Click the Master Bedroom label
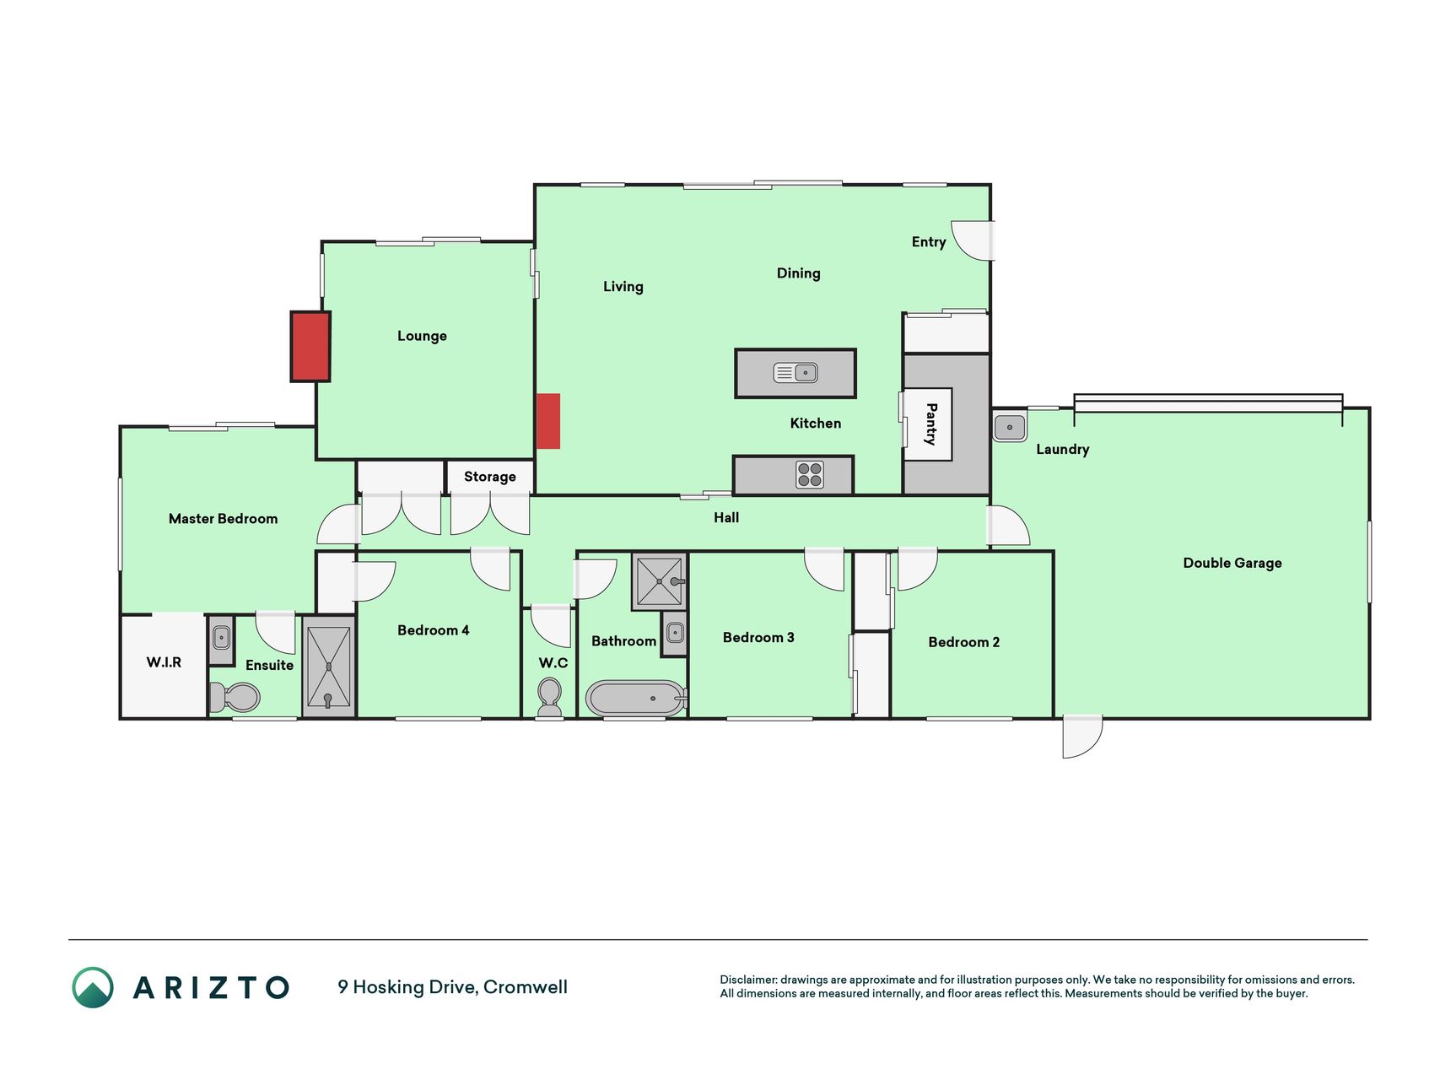point(223,519)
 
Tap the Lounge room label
point(422,336)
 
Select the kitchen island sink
point(796,372)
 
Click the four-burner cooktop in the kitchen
point(810,475)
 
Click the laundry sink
point(1010,427)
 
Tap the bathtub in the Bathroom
point(637,699)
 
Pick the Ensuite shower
point(328,667)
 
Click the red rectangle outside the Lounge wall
point(310,347)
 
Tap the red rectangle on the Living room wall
point(548,421)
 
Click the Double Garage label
point(1232,563)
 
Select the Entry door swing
point(972,240)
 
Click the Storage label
point(490,477)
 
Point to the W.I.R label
point(164,662)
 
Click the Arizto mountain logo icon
point(93,987)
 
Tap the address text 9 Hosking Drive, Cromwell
point(452,987)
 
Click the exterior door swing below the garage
point(1082,737)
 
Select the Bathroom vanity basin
point(675,631)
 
